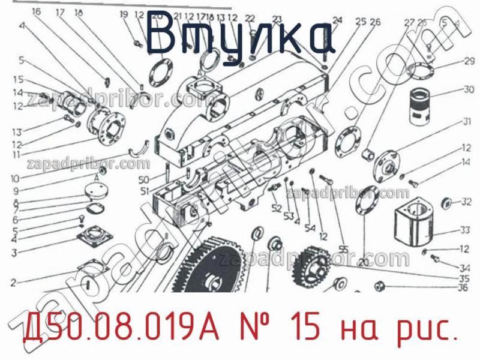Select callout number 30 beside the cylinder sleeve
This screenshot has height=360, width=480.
(x=467, y=90)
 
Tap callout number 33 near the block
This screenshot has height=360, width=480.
(x=466, y=230)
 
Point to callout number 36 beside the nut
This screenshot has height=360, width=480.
(x=462, y=287)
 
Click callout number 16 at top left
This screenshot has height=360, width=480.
(x=37, y=12)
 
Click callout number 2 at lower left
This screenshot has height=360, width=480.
(x=13, y=281)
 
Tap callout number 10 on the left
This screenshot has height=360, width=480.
(x=14, y=178)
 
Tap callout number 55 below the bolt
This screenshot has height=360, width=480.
(x=343, y=249)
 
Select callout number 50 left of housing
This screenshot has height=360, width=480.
(x=143, y=180)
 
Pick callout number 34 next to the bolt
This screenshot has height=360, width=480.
(x=463, y=268)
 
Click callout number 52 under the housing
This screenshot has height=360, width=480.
(x=276, y=208)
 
